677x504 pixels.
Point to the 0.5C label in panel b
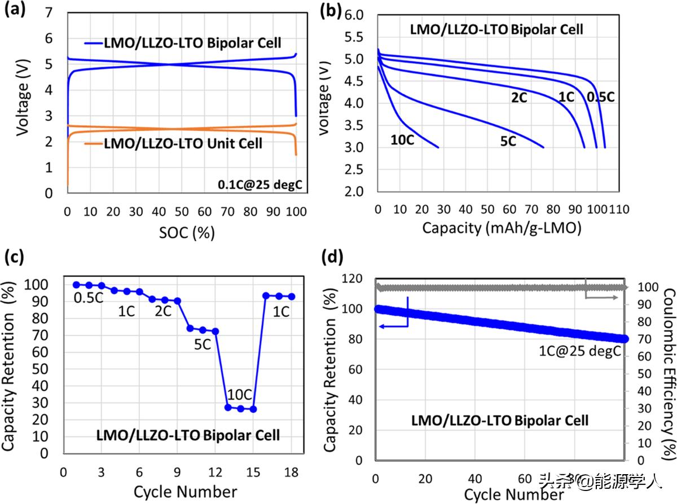point(600,97)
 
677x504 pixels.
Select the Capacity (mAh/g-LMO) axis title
point(494,228)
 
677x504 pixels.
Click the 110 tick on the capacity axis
point(619,210)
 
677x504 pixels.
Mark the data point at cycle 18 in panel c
point(291,297)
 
